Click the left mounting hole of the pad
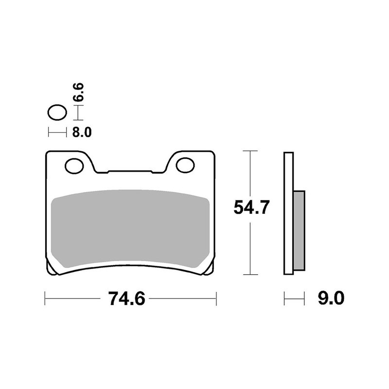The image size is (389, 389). (74, 166)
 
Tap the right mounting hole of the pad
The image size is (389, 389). (185, 165)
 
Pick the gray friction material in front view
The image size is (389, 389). (130, 229)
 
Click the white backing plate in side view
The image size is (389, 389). (288, 214)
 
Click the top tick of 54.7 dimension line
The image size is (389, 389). (250, 152)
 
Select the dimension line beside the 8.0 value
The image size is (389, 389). (56, 132)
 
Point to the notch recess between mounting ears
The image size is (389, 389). (130, 172)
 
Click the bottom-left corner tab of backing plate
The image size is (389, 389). (52, 270)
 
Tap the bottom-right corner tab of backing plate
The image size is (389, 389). (208, 270)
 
